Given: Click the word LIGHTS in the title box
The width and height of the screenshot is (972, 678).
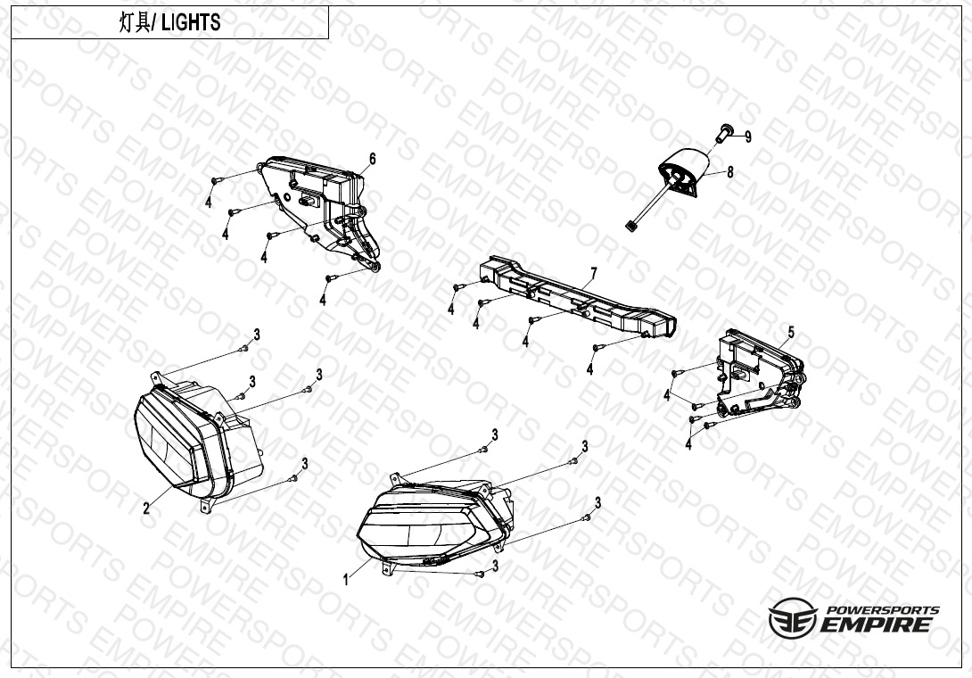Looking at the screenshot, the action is point(190,23).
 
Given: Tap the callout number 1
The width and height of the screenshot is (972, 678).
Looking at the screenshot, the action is point(346,581).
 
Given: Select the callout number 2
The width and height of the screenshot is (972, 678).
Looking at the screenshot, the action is point(146,509).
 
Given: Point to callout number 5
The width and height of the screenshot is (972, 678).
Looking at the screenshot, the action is point(791,333).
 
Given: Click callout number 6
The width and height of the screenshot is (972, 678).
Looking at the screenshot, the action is point(373,160).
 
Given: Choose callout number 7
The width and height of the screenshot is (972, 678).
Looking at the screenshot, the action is point(594,273).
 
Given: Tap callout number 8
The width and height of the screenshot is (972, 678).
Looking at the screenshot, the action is point(729,172).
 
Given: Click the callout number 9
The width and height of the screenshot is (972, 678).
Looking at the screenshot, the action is point(748,137).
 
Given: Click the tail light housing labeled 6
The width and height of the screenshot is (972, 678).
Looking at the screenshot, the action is point(323,211).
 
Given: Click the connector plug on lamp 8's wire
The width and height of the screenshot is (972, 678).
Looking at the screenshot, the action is point(631,227).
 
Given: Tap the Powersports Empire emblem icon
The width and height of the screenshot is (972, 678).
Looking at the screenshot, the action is point(793,618).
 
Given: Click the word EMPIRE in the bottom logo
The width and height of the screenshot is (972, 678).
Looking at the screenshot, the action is point(876,624).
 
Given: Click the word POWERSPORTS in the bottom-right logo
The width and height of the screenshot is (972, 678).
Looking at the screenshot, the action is point(884,610).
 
